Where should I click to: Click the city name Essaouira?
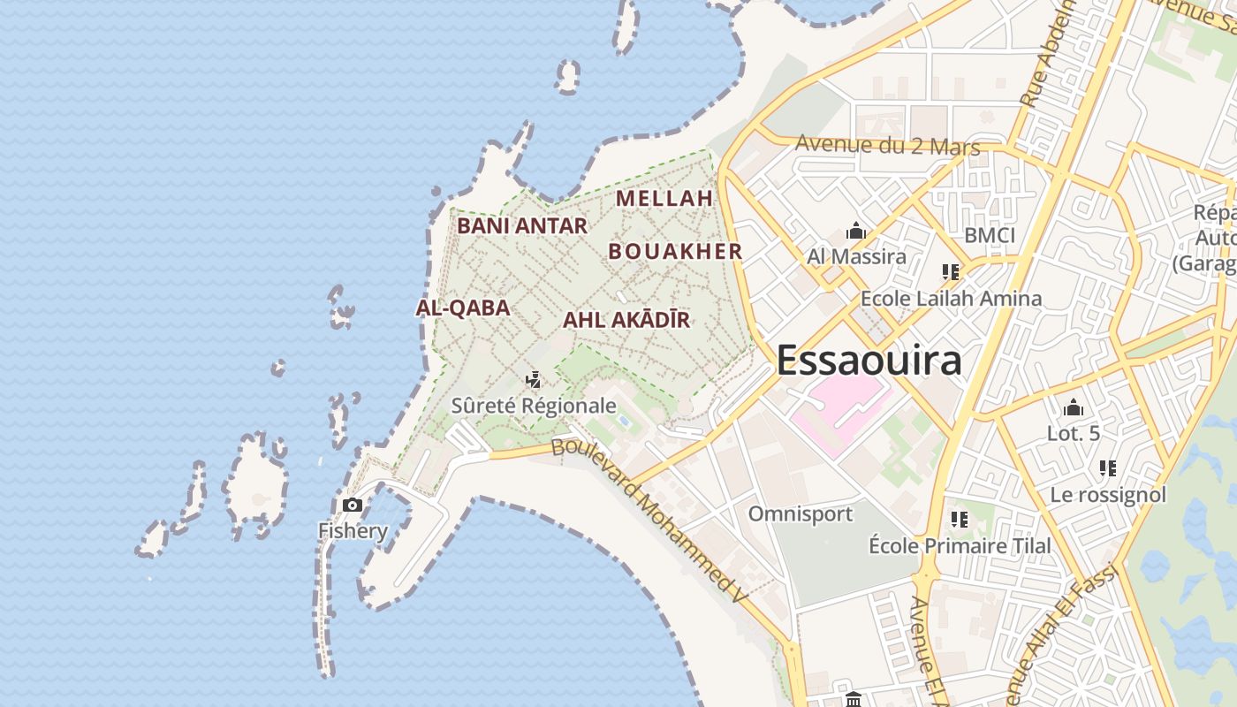click(869, 361)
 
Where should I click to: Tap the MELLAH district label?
click(664, 198)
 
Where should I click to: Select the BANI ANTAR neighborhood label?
click(522, 226)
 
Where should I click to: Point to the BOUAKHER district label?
click(676, 251)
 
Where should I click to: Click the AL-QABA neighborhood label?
click(463, 308)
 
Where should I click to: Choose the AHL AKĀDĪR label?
click(626, 320)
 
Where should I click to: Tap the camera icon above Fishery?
click(353, 506)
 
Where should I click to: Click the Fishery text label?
click(353, 531)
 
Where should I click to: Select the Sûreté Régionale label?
click(534, 406)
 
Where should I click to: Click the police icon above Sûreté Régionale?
click(533, 381)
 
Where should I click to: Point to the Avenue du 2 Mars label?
click(888, 145)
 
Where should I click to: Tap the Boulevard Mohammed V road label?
click(649, 522)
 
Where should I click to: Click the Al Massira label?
click(856, 257)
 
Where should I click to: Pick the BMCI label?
click(990, 235)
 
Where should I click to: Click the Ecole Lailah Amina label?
click(951, 299)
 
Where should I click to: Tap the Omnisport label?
click(801, 513)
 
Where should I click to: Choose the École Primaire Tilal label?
click(960, 545)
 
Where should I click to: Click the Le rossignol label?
click(1108, 495)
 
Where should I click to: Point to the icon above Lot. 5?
click(1074, 408)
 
